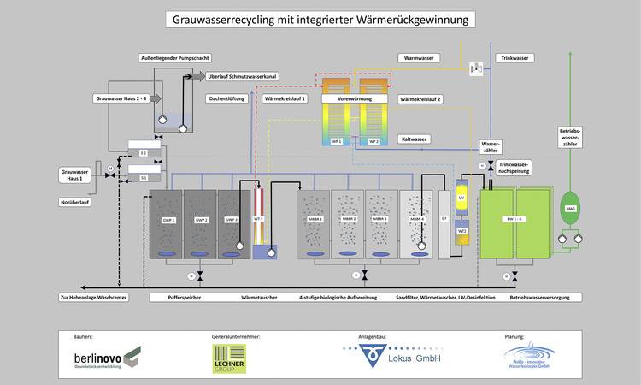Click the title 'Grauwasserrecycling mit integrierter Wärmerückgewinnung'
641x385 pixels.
pyautogui.click(x=320, y=18)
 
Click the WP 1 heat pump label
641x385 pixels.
pyautogui.click(x=337, y=140)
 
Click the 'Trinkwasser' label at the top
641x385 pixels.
pyautogui.click(x=514, y=58)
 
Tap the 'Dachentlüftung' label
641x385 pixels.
pyautogui.click(x=226, y=99)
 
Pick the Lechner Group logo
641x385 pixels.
pyautogui.click(x=229, y=358)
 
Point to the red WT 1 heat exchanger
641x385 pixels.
pyautogui.click(x=257, y=217)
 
